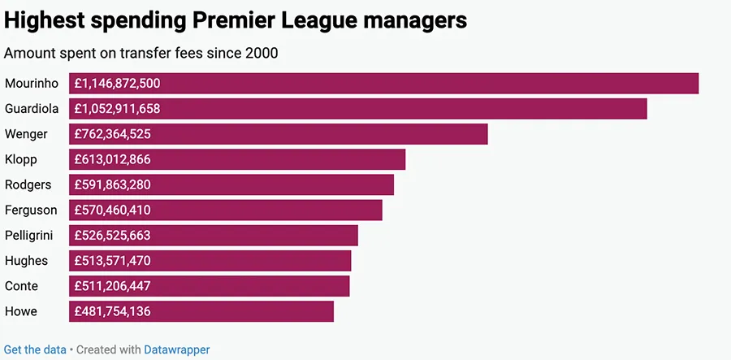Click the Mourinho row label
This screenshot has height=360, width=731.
tap(31, 83)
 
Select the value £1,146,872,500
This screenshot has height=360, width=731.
tap(117, 83)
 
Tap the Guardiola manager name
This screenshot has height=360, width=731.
tap(31, 108)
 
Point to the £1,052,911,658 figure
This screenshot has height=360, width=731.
tap(117, 108)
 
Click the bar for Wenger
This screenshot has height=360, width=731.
tap(325, 134)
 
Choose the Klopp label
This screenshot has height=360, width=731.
tap(21, 159)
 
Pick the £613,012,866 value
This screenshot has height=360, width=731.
tap(112, 159)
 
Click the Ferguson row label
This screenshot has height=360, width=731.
tap(31, 210)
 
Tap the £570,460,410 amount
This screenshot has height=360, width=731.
tap(112, 210)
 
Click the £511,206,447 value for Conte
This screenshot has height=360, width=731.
tap(112, 286)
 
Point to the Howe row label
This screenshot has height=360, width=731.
tap(21, 311)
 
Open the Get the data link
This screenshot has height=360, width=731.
tap(35, 349)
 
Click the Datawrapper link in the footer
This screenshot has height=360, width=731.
tap(176, 349)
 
